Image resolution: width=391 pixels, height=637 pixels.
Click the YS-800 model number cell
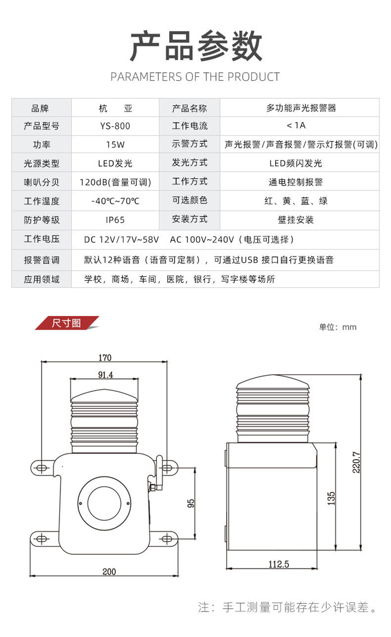[x=115, y=126]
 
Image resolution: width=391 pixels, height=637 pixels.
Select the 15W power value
[x=115, y=144]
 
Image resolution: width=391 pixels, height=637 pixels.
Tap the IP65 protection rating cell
[x=115, y=220]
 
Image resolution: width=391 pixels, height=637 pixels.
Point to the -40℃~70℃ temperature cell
[x=115, y=201]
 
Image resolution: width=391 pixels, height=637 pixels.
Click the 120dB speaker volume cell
[x=115, y=182]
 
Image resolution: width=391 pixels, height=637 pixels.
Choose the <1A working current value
[x=296, y=125]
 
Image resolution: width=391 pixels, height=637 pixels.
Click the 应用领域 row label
[x=42, y=279]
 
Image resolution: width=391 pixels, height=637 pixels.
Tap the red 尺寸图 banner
[x=67, y=323]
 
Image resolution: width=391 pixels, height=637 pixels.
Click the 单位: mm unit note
[x=338, y=327]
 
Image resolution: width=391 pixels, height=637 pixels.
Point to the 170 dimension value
[x=105, y=358]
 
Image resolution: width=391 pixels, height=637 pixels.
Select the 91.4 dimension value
[x=106, y=375]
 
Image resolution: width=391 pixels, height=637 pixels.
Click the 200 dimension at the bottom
[x=109, y=571]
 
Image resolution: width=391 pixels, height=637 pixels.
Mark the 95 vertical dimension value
[x=191, y=503]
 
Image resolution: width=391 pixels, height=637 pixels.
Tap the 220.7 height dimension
[x=356, y=462]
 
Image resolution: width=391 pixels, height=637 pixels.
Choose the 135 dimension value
[x=331, y=499]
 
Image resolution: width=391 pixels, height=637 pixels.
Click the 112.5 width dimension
[x=279, y=564]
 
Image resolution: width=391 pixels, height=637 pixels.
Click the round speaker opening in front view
[x=104, y=503]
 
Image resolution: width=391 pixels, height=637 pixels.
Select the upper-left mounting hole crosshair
[x=42, y=468]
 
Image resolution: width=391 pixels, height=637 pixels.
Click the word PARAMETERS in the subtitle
[x=146, y=77]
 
